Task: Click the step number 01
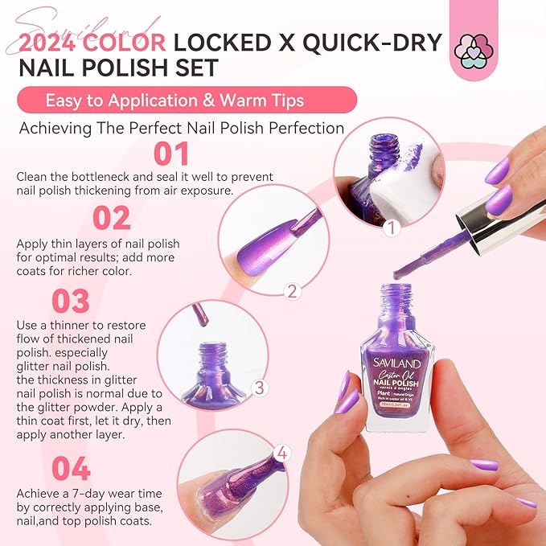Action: pyautogui.click(x=170, y=154)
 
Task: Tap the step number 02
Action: pyautogui.click(x=111, y=218)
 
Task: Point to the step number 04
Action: pyautogui.click(x=71, y=469)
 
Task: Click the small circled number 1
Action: pyautogui.click(x=392, y=229)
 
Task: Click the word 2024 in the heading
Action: pyautogui.click(x=65, y=42)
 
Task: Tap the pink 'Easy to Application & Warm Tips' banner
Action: pyautogui.click(x=186, y=101)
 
